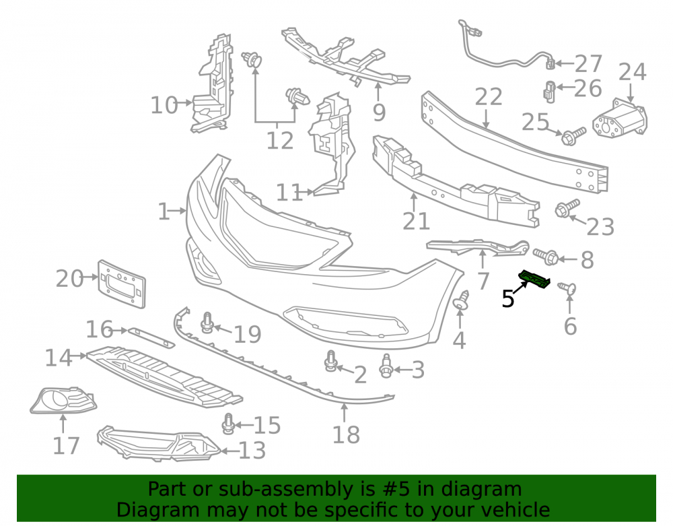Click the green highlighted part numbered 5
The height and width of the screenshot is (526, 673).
pos(535,280)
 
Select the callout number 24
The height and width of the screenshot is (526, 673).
pos(632,72)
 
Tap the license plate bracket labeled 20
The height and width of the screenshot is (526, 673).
pos(122,284)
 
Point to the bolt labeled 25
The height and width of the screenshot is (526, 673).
pos(573,135)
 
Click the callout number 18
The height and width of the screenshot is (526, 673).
pos(346,434)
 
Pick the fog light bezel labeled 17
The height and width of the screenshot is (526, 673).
pos(63,400)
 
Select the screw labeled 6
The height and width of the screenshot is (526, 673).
pos(567,288)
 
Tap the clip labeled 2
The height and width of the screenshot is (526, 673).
pos(330,361)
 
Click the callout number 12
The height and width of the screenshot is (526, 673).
pos(280,140)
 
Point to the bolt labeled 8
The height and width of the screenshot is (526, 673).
pos(546,256)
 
